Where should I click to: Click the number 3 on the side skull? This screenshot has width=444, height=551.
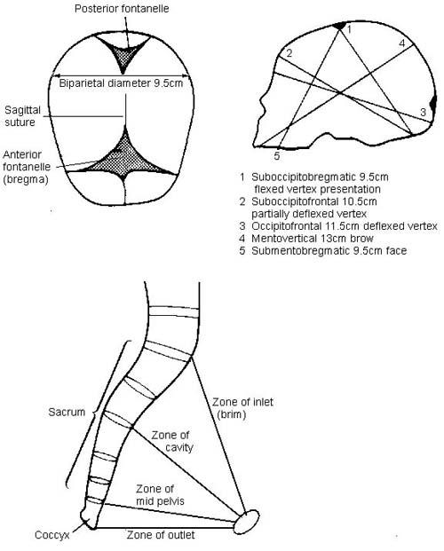(x=424, y=112)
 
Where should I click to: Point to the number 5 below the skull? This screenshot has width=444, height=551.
(x=277, y=156)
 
